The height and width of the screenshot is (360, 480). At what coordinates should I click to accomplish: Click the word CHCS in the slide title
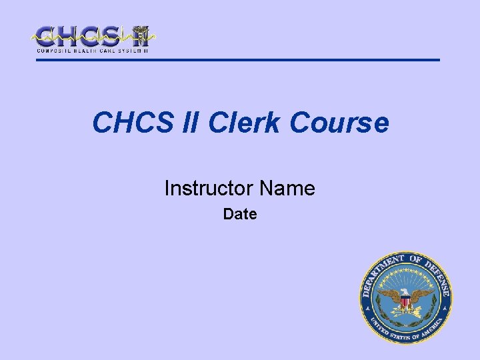[133, 122]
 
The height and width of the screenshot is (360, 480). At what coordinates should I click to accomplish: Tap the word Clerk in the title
[244, 122]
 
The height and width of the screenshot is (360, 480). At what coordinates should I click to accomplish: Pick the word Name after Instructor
[287, 187]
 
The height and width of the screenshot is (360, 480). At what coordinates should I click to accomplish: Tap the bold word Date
[240, 214]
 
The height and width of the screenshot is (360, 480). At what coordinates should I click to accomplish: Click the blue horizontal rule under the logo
[238, 60]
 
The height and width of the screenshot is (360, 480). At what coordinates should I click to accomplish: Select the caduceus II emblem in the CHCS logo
[141, 36]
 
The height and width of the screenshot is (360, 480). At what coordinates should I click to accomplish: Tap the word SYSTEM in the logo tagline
[130, 51]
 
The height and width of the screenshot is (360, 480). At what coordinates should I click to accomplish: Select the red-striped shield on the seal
[405, 302]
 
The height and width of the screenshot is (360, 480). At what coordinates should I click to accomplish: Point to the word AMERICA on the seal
[432, 327]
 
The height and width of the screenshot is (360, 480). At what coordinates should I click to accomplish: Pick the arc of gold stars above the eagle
[406, 274]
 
